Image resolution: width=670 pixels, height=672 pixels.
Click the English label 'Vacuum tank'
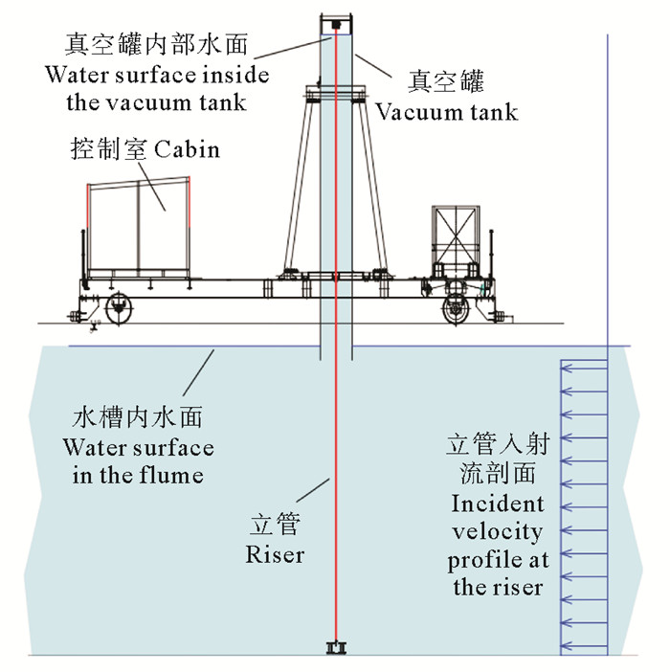pos(446,111)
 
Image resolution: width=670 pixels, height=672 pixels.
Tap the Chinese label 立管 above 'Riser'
pos(275,526)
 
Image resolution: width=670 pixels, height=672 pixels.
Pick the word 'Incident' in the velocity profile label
pos(497,504)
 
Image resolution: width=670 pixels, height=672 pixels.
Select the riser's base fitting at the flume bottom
pos(335,649)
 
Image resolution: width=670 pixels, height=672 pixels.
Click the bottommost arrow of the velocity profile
pos(584,643)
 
